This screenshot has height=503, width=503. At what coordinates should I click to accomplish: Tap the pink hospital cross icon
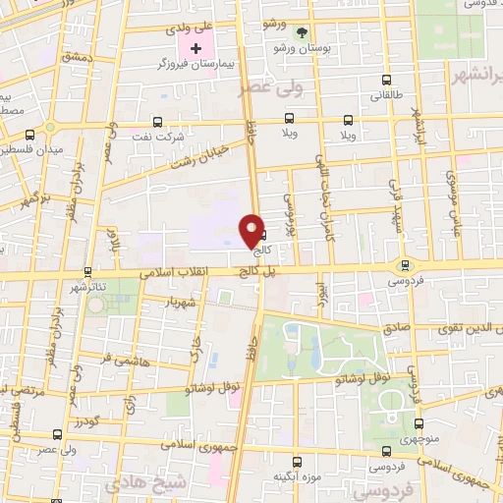196,48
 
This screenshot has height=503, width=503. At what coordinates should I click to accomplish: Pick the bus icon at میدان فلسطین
31,134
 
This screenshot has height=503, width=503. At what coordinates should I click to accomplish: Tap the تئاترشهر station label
87,287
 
